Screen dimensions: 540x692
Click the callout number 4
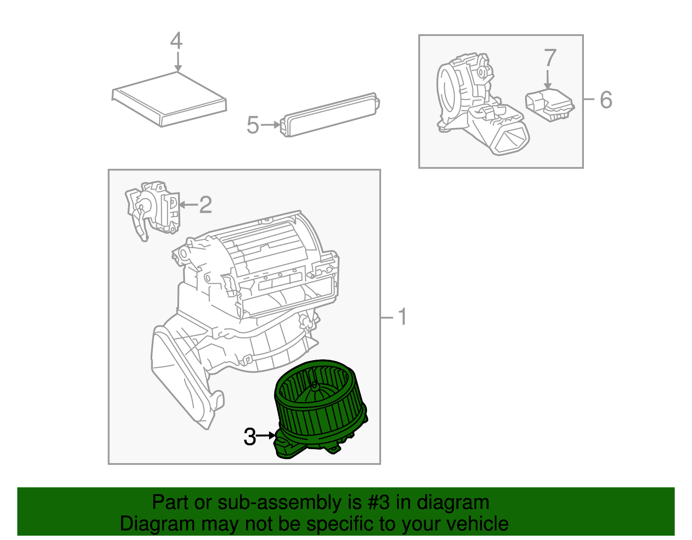[x=176, y=41]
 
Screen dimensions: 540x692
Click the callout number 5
[x=253, y=125]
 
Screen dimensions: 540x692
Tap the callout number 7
[x=550, y=58]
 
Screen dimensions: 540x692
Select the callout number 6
[x=606, y=100]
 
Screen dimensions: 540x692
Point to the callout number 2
[x=205, y=204]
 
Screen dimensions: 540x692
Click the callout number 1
[x=402, y=317]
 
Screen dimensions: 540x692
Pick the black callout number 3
[x=250, y=437]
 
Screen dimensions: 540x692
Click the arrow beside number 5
[x=271, y=125]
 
